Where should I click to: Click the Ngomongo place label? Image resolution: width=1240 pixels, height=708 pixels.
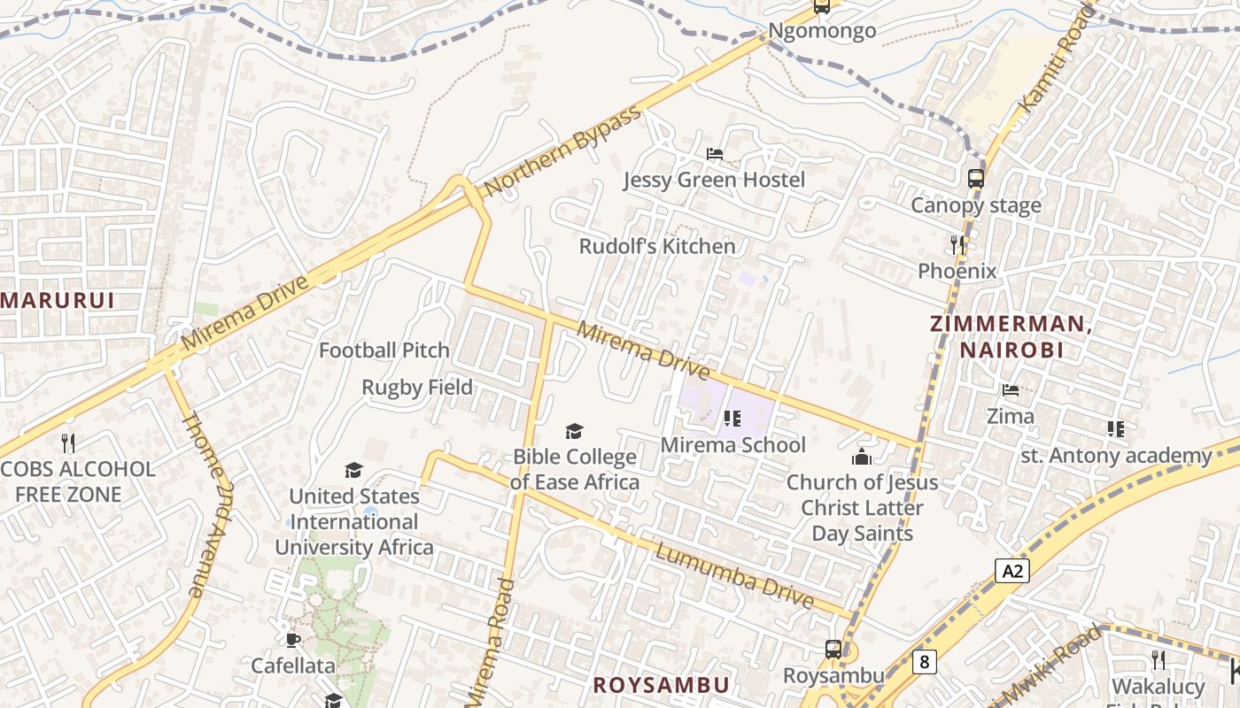tap(822, 31)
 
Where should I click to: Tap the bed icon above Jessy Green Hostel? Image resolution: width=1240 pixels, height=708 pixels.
tap(714, 154)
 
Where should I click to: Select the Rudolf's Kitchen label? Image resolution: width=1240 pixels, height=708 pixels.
tap(657, 246)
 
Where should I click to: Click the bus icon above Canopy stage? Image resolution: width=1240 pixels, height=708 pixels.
tap(975, 179)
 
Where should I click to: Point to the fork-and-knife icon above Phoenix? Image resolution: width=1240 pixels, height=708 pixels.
tap(957, 245)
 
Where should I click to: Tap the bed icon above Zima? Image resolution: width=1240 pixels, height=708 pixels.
tap(1010, 390)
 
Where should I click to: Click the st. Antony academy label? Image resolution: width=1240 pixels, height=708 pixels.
tap(1116, 456)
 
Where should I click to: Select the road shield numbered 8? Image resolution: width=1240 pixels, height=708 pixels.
tap(925, 661)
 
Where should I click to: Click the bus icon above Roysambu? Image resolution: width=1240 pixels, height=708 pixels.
tap(833, 650)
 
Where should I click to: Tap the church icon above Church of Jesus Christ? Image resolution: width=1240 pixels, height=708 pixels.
tap(861, 457)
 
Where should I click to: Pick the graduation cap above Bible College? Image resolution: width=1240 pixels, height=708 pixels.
tap(575, 431)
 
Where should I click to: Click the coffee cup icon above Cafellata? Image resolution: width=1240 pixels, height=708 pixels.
tap(293, 640)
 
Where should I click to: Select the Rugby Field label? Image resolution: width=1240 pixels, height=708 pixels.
tap(417, 388)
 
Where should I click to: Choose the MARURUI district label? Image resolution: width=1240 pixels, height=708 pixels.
tap(58, 300)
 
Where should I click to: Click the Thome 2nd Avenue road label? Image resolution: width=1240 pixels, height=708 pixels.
tap(198, 505)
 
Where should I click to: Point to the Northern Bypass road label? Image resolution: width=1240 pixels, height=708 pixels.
tap(562, 152)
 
